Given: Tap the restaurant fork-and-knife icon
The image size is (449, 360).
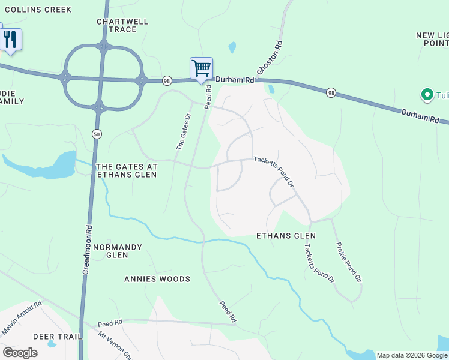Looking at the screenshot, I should tap(10, 40).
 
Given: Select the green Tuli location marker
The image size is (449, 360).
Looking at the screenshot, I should tap(427, 94).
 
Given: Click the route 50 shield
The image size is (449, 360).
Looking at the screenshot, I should tap(97, 134).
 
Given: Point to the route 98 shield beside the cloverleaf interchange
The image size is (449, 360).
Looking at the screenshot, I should tap(167, 80).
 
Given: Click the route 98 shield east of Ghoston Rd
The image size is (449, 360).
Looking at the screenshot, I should tap(331, 92).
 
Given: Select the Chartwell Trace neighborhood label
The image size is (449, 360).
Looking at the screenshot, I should tap(122, 25).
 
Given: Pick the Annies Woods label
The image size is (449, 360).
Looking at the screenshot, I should tap(157, 279).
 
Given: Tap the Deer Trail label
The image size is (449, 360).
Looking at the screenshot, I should tap(57, 337).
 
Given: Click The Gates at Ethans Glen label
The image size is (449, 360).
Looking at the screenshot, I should tap(127, 170).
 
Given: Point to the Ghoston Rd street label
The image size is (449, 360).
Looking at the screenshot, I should tap(270, 58).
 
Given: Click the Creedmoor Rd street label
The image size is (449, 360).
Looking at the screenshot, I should tap(88, 250).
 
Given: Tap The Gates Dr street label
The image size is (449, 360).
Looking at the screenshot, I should tap(183, 131).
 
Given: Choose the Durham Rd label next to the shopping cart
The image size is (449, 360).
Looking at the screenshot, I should tap(235, 80).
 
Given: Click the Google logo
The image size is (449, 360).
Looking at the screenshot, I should tap(20, 353).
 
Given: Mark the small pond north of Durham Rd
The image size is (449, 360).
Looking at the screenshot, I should tap(232, 47).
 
